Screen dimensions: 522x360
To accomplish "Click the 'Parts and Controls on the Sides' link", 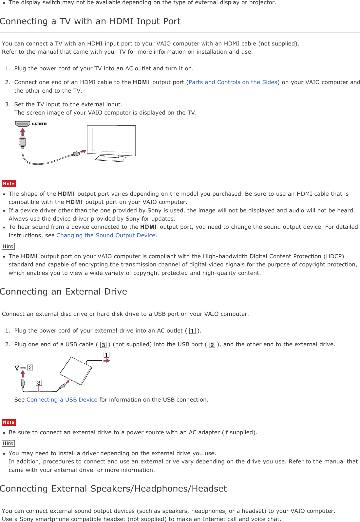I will click(233, 82).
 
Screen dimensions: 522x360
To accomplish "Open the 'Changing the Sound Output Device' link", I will click(106, 235).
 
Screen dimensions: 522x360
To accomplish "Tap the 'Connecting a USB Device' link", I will click(62, 400).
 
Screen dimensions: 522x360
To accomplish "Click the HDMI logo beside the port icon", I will click(39, 124).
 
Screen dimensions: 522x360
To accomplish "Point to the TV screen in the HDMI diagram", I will click(111, 140).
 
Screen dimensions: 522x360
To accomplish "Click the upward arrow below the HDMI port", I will click(23, 132).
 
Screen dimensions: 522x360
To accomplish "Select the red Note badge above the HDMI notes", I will click(9, 184).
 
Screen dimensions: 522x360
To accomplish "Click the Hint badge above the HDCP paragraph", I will click(8, 246).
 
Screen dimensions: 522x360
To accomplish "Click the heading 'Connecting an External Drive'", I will click(64, 292).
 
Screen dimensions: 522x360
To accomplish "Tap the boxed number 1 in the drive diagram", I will click(106, 355).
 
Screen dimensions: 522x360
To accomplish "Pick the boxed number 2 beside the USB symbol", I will click(30, 368).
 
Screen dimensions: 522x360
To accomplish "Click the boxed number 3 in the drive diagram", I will click(39, 383).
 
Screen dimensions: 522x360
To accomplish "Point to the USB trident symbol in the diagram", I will click(17, 368).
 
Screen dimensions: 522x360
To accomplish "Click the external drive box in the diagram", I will click(76, 371).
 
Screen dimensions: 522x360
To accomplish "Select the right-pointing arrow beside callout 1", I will click(106, 361).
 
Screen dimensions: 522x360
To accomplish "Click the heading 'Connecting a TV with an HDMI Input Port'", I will click(90, 21).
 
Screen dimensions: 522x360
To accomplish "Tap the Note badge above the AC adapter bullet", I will click(9, 423).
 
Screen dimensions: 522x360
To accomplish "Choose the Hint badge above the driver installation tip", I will click(8, 443).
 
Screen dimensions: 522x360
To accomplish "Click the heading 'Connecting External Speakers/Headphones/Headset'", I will click(113, 489).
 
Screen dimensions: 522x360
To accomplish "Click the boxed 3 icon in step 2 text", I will click(103, 345).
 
